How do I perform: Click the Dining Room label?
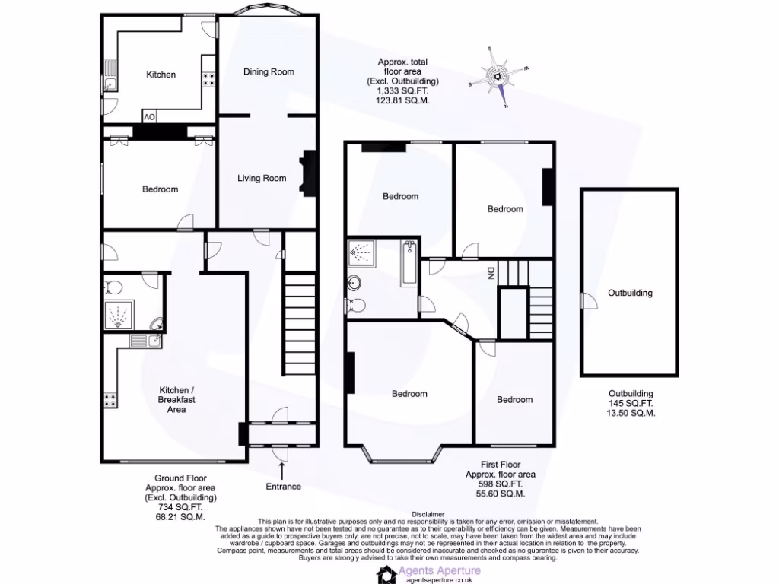point(269,71)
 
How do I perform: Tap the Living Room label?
point(262,179)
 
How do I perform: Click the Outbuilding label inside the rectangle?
point(630,293)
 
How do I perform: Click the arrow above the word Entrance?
point(282,470)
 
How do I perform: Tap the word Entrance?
point(283,487)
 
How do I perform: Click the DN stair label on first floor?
point(491,272)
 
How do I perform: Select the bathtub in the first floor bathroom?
point(409,263)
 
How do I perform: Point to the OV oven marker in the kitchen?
point(150,116)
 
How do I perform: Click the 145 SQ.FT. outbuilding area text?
point(630,404)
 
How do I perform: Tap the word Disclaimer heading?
point(428,514)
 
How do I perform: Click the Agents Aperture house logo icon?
point(388,574)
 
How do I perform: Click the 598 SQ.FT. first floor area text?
point(500,484)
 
